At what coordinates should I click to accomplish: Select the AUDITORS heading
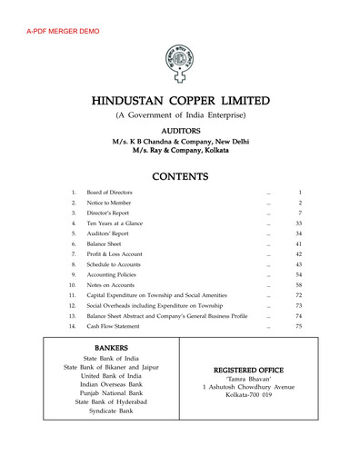click(179, 132)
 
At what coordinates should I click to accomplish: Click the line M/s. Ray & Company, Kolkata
click(179, 151)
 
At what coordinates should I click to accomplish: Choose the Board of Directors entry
click(109, 194)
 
